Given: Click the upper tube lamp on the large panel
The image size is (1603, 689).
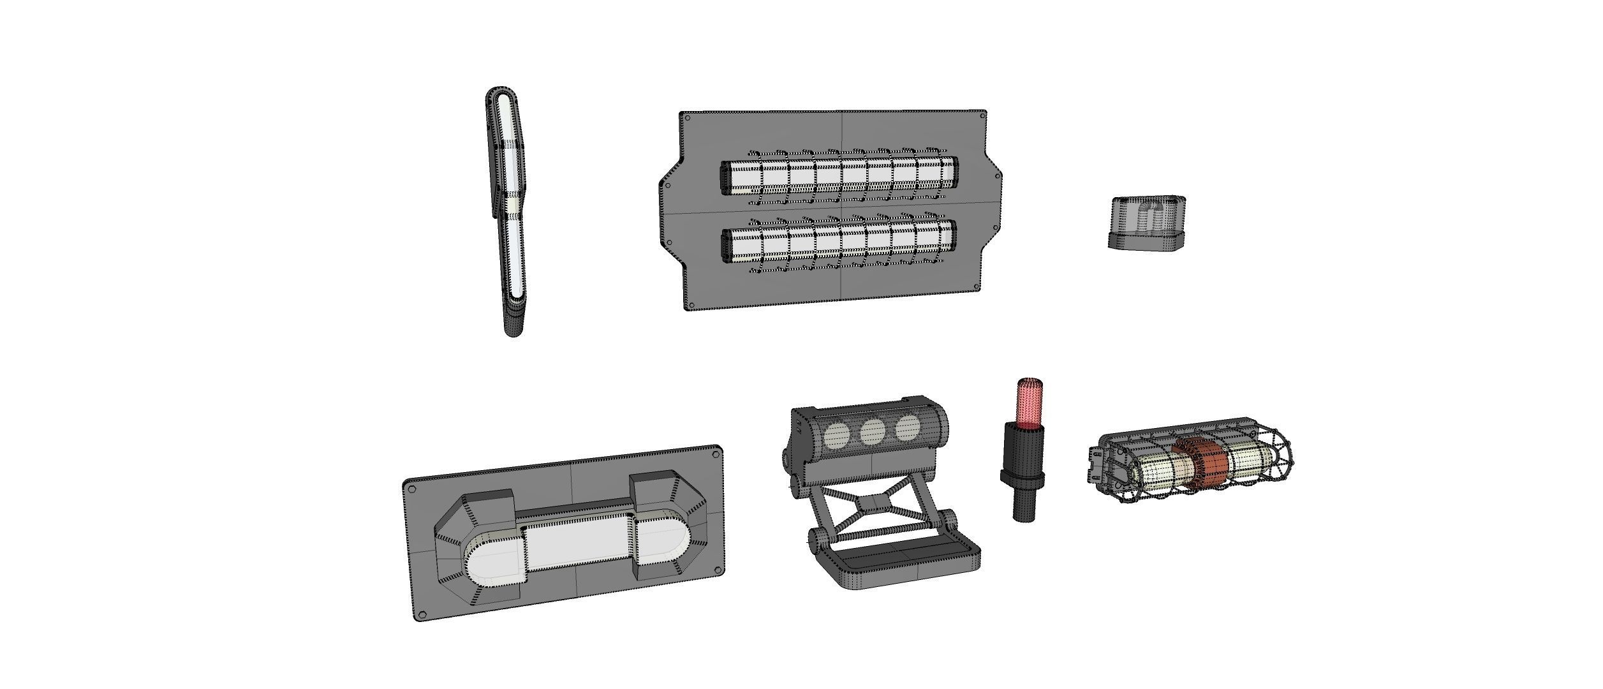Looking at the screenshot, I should point(839,174).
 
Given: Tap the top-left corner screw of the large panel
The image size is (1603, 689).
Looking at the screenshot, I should point(688,117).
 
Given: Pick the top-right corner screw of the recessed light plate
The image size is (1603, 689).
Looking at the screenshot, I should point(715,454).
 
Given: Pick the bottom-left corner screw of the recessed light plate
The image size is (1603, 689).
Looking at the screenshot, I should point(420,615).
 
